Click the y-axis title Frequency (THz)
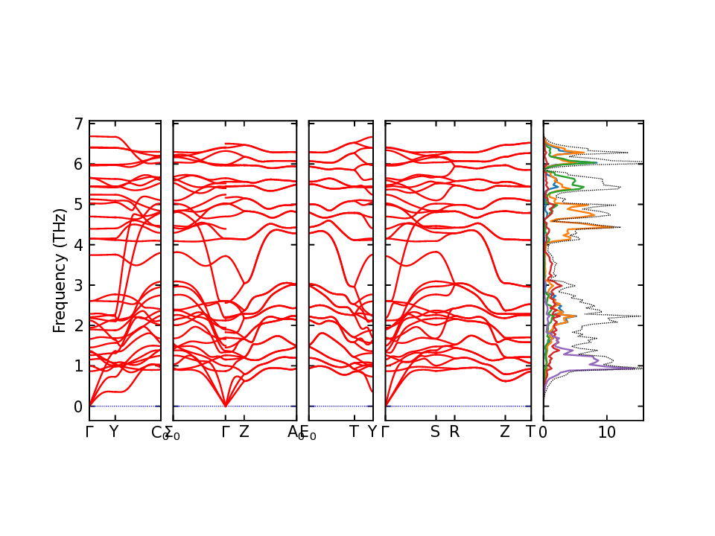pos(60,270)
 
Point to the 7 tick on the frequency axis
pos(77,124)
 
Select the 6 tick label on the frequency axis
pos(77,164)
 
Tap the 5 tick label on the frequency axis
pos(77,204)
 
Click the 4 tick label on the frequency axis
pos(77,245)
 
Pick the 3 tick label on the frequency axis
pos(77,285)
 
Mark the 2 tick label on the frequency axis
pos(77,325)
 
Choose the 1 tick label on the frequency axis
pos(77,366)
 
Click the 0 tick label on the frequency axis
pos(77,406)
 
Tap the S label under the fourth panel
pos(435,432)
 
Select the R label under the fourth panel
pos(454,432)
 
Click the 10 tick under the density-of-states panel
pos(607,432)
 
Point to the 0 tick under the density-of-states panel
pos(544,432)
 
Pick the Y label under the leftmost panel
pos(114,432)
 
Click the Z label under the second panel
pos(244,432)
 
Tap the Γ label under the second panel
pos(226,432)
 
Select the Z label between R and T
pos(505,432)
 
